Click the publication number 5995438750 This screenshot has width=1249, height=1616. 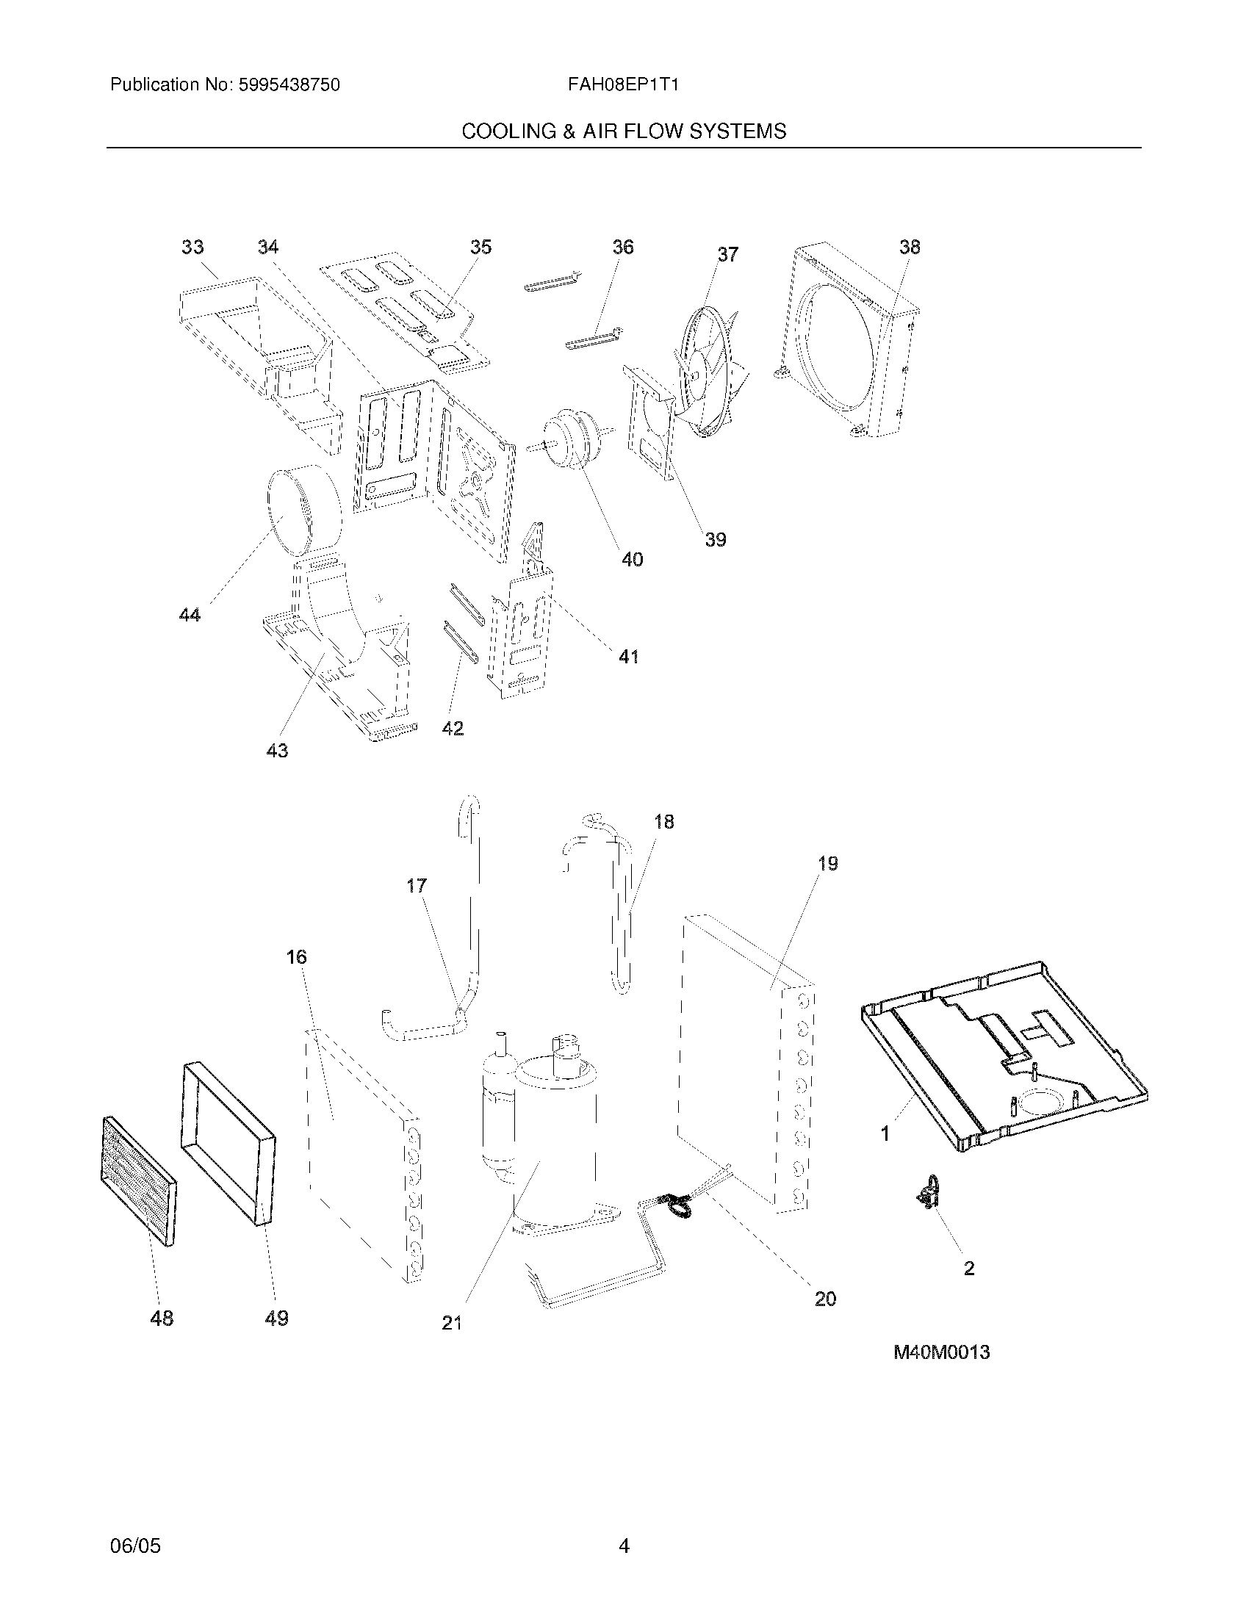(289, 85)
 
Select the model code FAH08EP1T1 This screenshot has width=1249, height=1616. (623, 85)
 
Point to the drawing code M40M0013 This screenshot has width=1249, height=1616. (941, 1352)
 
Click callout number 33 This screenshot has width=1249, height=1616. (192, 247)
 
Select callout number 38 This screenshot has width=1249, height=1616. (910, 247)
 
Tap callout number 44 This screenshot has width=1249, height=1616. (190, 614)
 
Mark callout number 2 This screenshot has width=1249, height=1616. (968, 1269)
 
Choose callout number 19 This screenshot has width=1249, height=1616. (827, 864)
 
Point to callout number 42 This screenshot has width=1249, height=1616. (452, 728)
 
